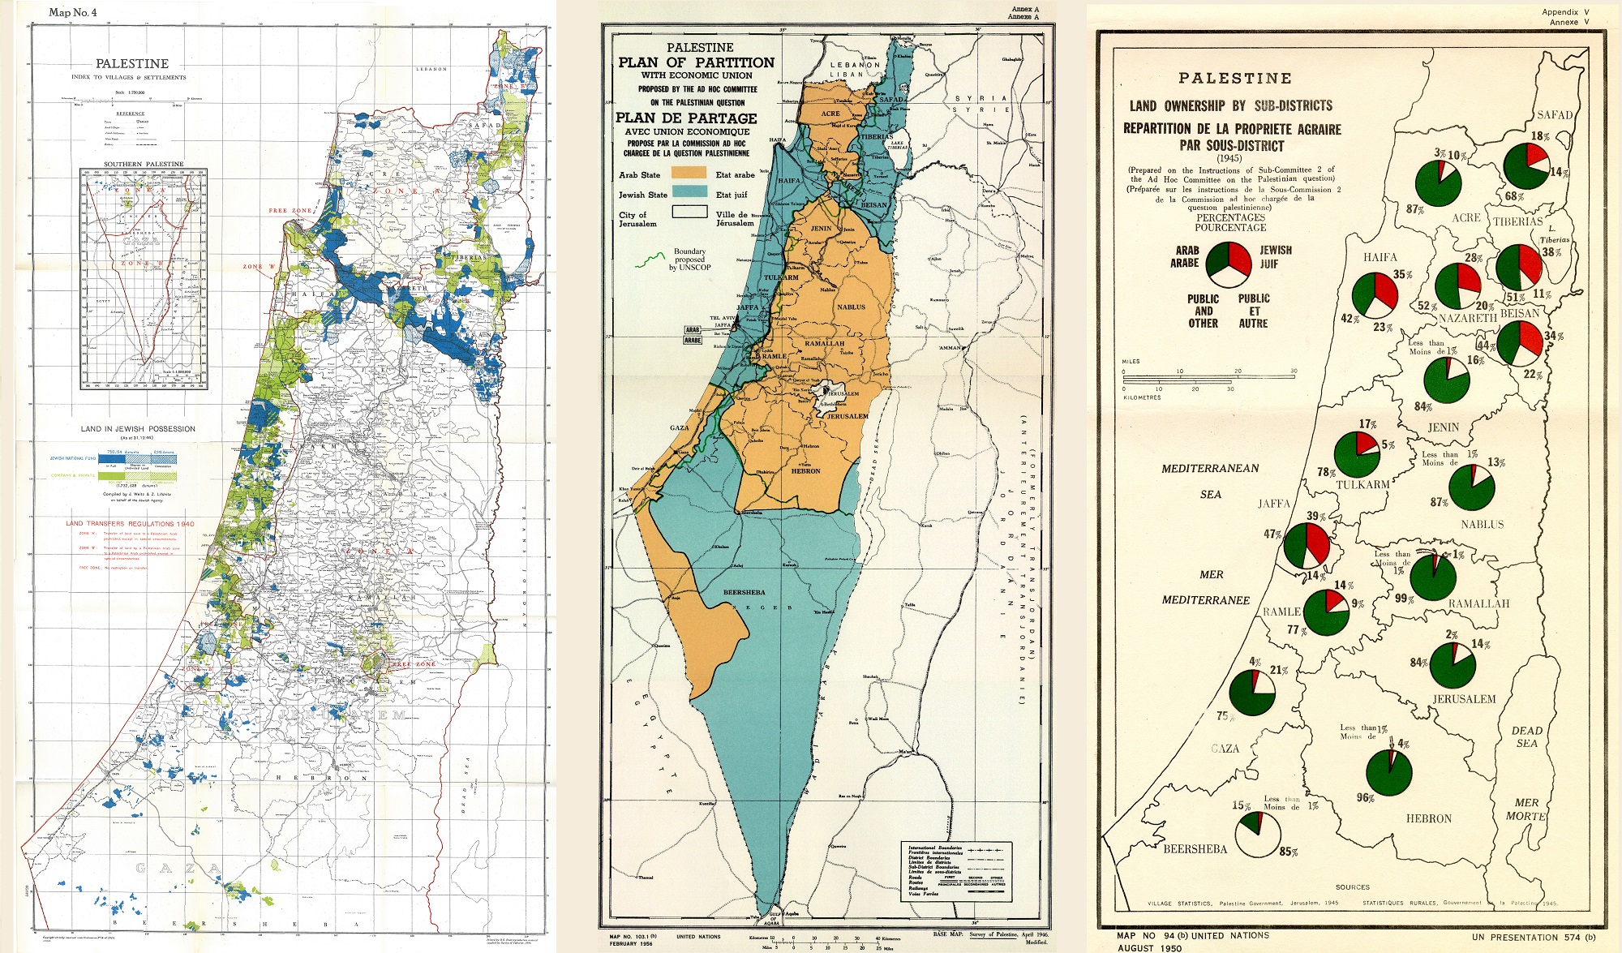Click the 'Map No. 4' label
pyautogui.click(x=73, y=12)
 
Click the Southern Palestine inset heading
pyautogui.click(x=143, y=164)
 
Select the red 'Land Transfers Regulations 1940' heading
pyautogui.click(x=130, y=523)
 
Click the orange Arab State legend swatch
pyautogui.click(x=688, y=174)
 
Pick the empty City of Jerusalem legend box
pyautogui.click(x=688, y=212)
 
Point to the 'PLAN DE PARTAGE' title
pyautogui.click(x=686, y=118)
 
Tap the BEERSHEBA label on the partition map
pyautogui.click(x=744, y=592)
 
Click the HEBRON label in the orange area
pyautogui.click(x=805, y=470)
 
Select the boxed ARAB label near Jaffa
pyautogui.click(x=693, y=330)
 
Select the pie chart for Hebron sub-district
pyautogui.click(x=1388, y=772)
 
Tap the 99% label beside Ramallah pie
pyautogui.click(x=1404, y=599)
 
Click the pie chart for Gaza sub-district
pyautogui.click(x=1252, y=692)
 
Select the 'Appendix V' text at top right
pyautogui.click(x=1564, y=12)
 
